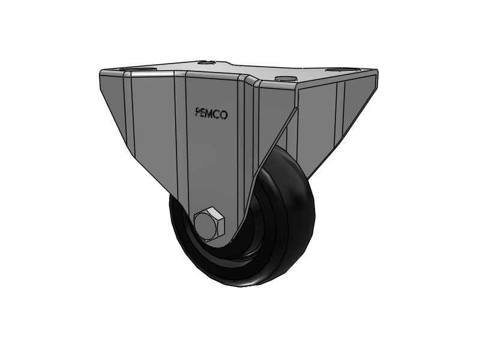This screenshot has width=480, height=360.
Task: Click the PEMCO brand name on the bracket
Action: (211, 113)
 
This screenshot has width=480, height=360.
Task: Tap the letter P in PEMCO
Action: (198, 112)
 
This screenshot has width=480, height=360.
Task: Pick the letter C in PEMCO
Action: (218, 114)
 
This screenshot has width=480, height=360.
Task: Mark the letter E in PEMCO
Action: (204, 113)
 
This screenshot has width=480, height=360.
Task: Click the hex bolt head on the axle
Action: (209, 224)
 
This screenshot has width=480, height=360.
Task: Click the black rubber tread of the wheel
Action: (294, 240)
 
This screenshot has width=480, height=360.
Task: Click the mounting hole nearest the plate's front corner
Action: (283, 79)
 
